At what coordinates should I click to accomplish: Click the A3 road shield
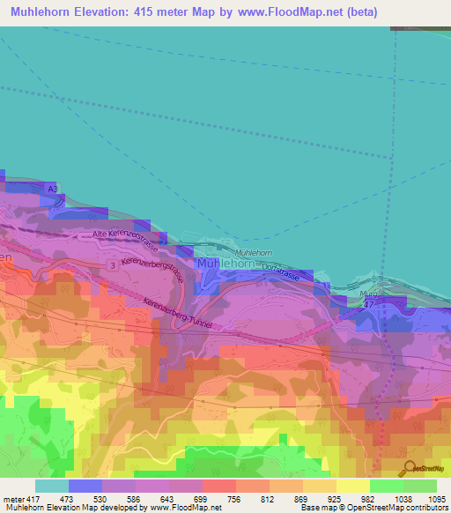pos(53,190)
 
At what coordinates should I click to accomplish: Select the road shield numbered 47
pos(370,303)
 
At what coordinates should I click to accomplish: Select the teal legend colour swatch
pos(51,486)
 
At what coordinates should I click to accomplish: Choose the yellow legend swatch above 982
pos(352,486)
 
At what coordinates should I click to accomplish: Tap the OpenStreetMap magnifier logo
pos(407,467)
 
